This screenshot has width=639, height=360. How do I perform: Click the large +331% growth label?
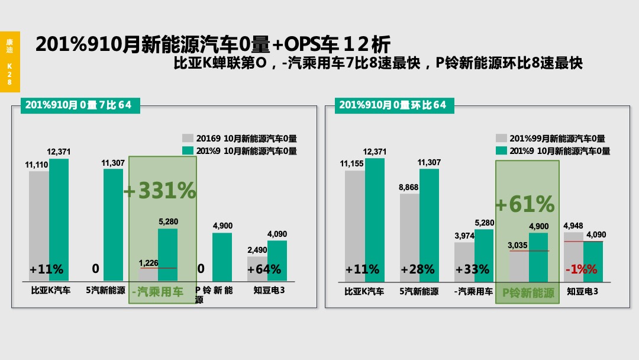[160, 191]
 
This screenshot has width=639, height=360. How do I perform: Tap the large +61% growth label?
[525, 204]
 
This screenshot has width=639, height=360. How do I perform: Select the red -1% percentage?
[581, 269]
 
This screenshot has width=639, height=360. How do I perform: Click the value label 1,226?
[149, 262]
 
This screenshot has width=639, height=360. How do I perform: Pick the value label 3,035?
[518, 245]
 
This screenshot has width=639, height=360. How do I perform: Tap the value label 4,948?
[573, 226]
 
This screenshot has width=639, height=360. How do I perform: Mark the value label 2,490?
[257, 250]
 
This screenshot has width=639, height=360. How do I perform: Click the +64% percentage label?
[264, 269]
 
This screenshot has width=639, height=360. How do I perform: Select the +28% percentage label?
[418, 269]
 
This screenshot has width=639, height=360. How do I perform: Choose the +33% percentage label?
[472, 269]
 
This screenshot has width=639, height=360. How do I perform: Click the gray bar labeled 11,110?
[38, 225]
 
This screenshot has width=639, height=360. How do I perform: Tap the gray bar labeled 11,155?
[354, 225]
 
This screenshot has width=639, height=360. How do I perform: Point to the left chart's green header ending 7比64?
[77, 105]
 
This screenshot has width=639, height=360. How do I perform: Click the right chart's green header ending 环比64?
[392, 105]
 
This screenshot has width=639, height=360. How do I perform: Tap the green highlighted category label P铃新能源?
[528, 293]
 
